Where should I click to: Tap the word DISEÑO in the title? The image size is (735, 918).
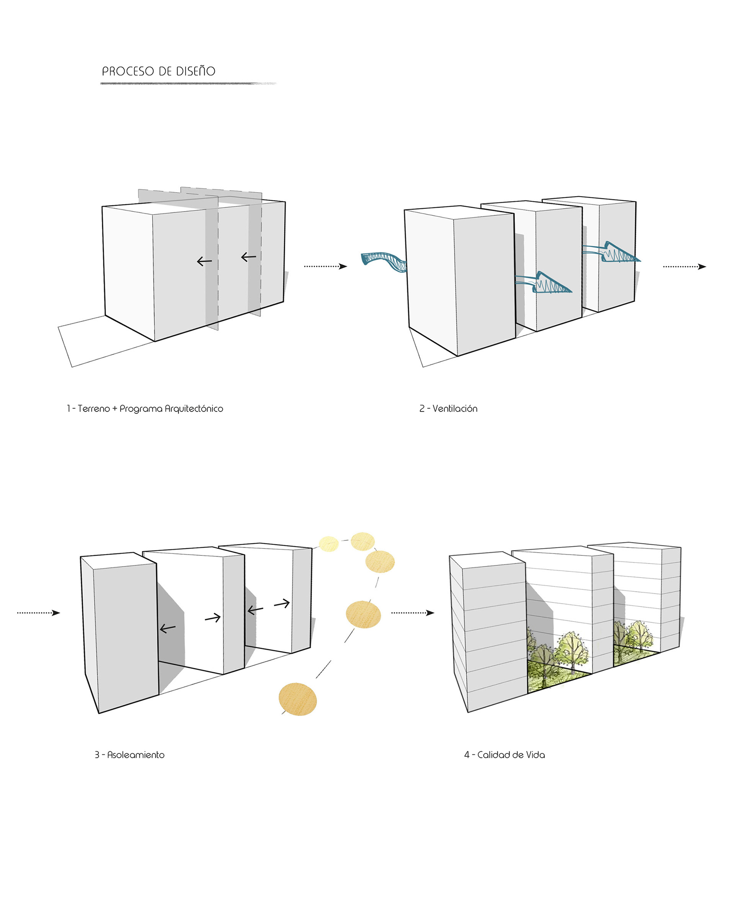point(196,71)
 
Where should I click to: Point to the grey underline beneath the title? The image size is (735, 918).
point(188,83)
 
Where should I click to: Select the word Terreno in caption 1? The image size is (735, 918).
point(94,409)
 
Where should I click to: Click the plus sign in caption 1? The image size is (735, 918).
point(114,409)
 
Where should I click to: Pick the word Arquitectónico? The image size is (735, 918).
point(194,409)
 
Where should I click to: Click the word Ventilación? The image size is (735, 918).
point(455,409)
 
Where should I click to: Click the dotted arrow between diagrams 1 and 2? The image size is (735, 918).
point(325,267)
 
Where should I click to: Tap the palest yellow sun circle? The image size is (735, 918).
point(328,544)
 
